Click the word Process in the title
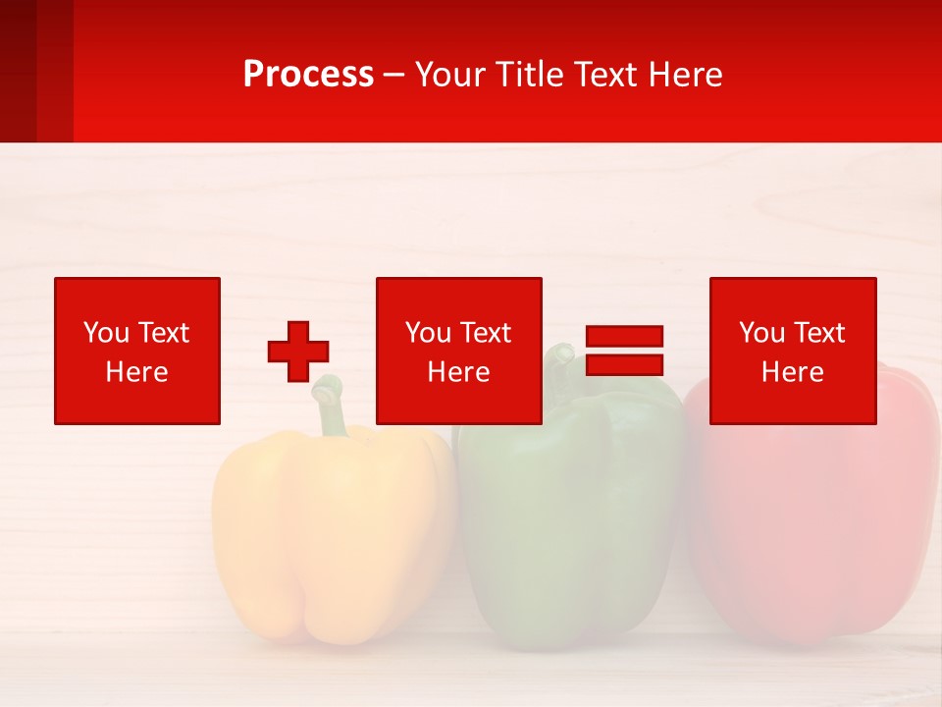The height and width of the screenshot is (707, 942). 308,75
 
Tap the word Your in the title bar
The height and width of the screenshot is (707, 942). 449,75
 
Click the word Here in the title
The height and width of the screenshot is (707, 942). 687,75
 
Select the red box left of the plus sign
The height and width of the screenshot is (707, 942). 137,351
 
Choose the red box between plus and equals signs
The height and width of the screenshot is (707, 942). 458,351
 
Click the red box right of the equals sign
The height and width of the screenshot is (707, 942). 792,351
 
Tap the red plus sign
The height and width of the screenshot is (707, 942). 298,351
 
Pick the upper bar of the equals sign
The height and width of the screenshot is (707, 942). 624,336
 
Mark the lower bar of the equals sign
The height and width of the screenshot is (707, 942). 624,364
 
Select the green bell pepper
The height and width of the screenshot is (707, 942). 569,520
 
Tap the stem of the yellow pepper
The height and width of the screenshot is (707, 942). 332,408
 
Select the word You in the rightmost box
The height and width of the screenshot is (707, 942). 760,333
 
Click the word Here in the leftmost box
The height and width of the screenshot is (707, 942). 137,372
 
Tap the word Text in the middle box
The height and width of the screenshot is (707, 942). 485,333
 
